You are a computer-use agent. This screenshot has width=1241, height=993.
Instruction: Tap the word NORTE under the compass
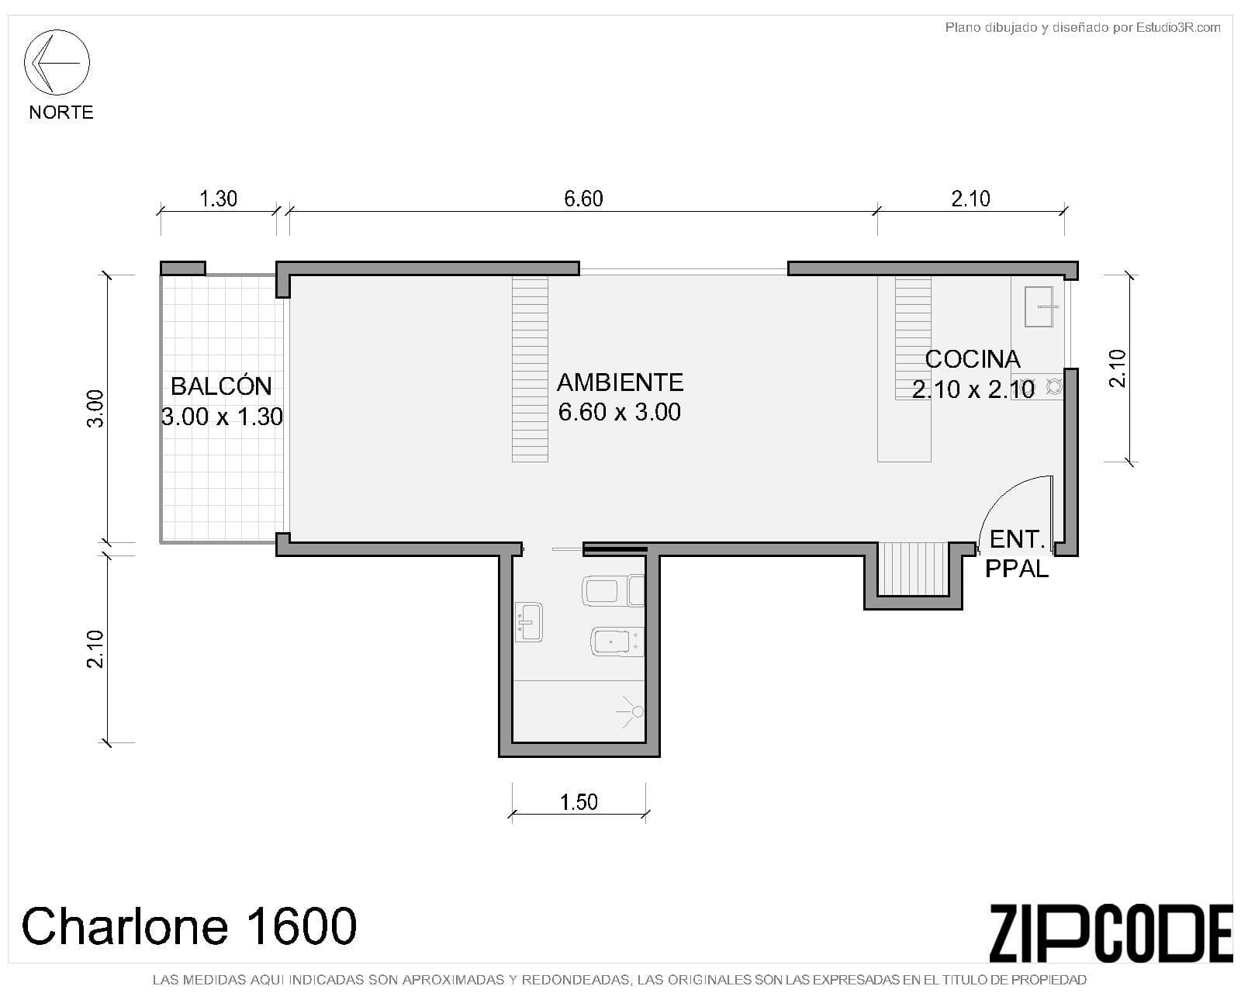pos(61,112)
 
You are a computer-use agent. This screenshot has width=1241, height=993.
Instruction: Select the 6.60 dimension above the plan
pos(583,199)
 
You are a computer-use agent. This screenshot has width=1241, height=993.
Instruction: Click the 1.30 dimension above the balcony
pos(218,199)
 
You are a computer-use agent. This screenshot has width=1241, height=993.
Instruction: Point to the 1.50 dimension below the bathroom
pos(579,802)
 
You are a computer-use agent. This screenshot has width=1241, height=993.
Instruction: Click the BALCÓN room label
pos(222,386)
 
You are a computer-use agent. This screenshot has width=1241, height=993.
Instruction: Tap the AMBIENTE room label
pos(620,382)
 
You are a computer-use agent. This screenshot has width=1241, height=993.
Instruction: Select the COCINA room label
pos(973,359)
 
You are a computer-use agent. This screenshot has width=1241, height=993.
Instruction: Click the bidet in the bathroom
pos(617,641)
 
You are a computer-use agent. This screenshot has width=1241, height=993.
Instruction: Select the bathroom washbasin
pos(528,622)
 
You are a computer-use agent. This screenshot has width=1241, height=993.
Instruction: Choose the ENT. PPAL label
pos(1016,555)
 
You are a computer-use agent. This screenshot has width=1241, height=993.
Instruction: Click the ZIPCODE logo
pos(1110,933)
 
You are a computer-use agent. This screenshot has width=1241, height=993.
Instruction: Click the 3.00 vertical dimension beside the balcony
pos(95,409)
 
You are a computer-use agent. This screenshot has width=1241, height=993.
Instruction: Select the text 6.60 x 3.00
pos(620,412)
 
